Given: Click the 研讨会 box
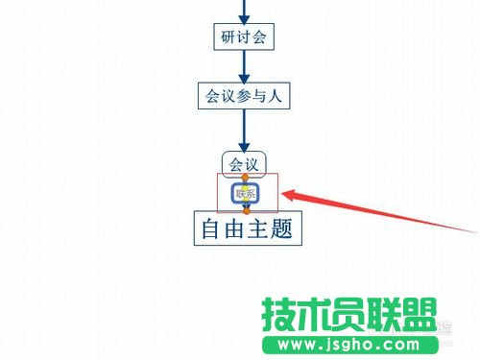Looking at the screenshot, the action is click(x=244, y=36).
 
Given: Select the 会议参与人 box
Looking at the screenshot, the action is click(x=244, y=95).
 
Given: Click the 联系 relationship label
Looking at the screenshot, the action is click(x=245, y=193).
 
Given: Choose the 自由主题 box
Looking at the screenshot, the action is click(x=247, y=228).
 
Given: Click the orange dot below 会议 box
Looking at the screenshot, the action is click(x=245, y=178).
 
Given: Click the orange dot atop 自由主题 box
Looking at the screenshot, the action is click(x=245, y=209).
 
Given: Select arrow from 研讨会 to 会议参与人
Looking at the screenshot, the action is click(x=244, y=65).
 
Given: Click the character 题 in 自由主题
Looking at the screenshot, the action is click(x=280, y=228).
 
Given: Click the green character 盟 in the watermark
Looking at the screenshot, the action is click(x=419, y=315).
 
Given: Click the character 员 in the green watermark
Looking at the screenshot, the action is click(x=351, y=315).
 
